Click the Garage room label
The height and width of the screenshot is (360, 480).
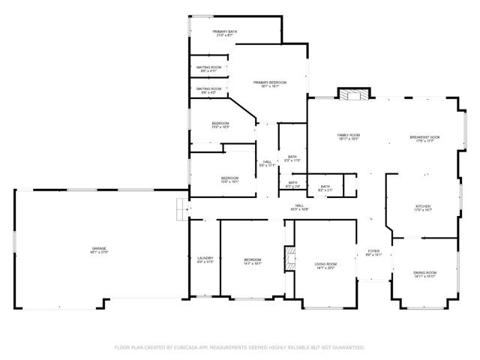pos(99,250)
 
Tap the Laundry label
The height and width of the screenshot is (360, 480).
pos(205,259)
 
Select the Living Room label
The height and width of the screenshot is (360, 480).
pos(325,265)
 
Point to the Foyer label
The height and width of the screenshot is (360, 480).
pos(373,253)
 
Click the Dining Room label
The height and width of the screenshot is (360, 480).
pos(424,274)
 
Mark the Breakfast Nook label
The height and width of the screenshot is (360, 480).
pos(424,139)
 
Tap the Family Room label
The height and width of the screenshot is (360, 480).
pos(348,136)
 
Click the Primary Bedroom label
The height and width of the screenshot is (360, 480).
pos(270,84)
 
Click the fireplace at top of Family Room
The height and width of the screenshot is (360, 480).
pos(353,94)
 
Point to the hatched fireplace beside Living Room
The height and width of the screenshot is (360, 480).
pos(288,259)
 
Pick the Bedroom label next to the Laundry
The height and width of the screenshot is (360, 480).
pos(252,262)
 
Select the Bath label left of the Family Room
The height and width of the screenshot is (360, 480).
pos(292,158)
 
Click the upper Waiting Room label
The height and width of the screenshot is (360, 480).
pos(209,69)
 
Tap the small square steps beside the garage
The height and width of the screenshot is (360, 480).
pos(181,209)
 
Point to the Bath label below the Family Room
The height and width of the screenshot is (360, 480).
pos(325,188)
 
